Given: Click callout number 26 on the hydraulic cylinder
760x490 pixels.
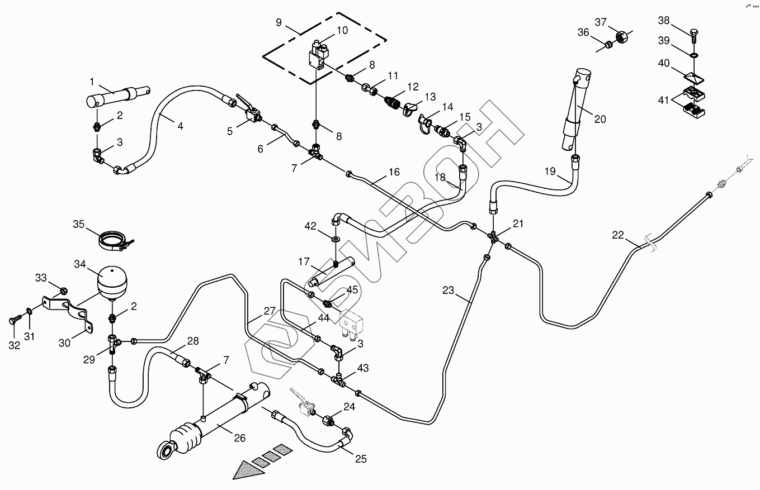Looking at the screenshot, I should click(239, 438).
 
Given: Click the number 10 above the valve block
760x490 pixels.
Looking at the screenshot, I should click(342, 30).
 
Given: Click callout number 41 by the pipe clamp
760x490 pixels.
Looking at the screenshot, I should click(664, 101).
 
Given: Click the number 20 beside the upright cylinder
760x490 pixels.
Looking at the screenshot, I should click(600, 119).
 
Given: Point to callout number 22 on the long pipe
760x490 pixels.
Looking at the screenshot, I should click(618, 236).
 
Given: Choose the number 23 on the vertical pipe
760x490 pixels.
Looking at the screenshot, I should click(449, 290).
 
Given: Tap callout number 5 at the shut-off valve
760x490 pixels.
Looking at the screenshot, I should click(229, 131).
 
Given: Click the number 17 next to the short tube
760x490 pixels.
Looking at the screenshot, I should click(304, 261).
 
